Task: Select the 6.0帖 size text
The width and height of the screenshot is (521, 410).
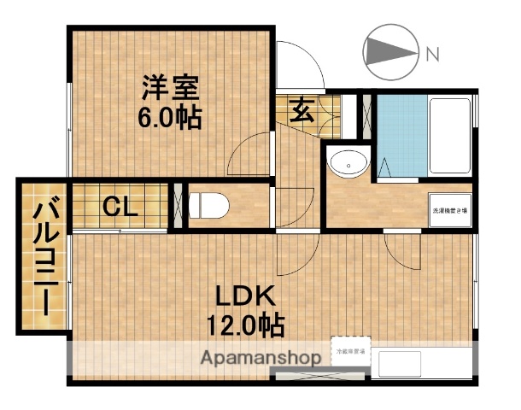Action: pos(170,117)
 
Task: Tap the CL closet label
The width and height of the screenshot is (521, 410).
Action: pos(122,206)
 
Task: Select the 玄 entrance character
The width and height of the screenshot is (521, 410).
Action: pos(301,109)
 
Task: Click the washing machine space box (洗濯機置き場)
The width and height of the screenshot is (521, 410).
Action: pos(449,210)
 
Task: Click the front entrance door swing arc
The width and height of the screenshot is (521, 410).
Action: pos(301,65)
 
